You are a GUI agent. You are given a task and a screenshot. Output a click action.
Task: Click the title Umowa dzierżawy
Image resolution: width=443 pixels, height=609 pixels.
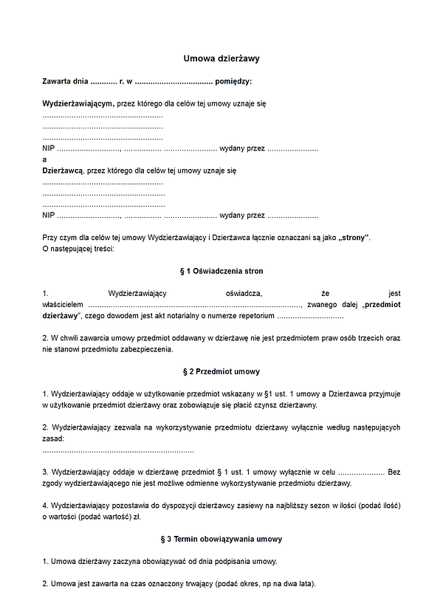point(221,58)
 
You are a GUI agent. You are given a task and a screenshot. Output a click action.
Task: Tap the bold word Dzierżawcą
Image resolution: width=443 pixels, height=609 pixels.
point(63,170)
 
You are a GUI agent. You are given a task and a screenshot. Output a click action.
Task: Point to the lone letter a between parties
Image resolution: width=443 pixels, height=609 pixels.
point(45,159)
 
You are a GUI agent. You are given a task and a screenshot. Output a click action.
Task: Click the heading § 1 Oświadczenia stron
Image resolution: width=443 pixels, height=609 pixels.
point(221,271)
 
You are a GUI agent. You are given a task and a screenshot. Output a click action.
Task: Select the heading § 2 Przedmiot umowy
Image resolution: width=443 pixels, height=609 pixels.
point(221,371)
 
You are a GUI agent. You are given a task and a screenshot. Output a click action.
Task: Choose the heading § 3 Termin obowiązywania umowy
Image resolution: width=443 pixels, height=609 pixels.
point(221,539)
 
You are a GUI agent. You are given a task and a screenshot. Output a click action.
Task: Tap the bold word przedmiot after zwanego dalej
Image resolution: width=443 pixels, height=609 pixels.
point(382,304)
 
